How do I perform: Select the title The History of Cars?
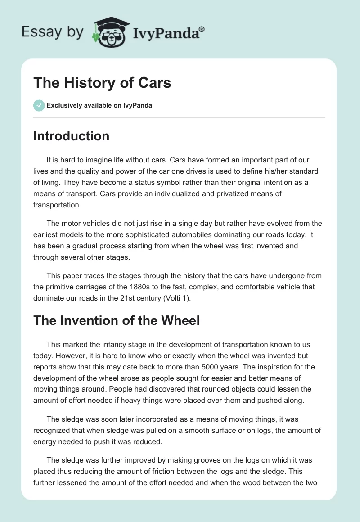click(102, 83)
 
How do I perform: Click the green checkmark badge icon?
click(39, 105)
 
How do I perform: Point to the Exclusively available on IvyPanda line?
click(99, 106)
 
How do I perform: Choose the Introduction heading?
click(71, 136)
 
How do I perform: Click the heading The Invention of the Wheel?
click(117, 320)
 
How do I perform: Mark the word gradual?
click(81, 246)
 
